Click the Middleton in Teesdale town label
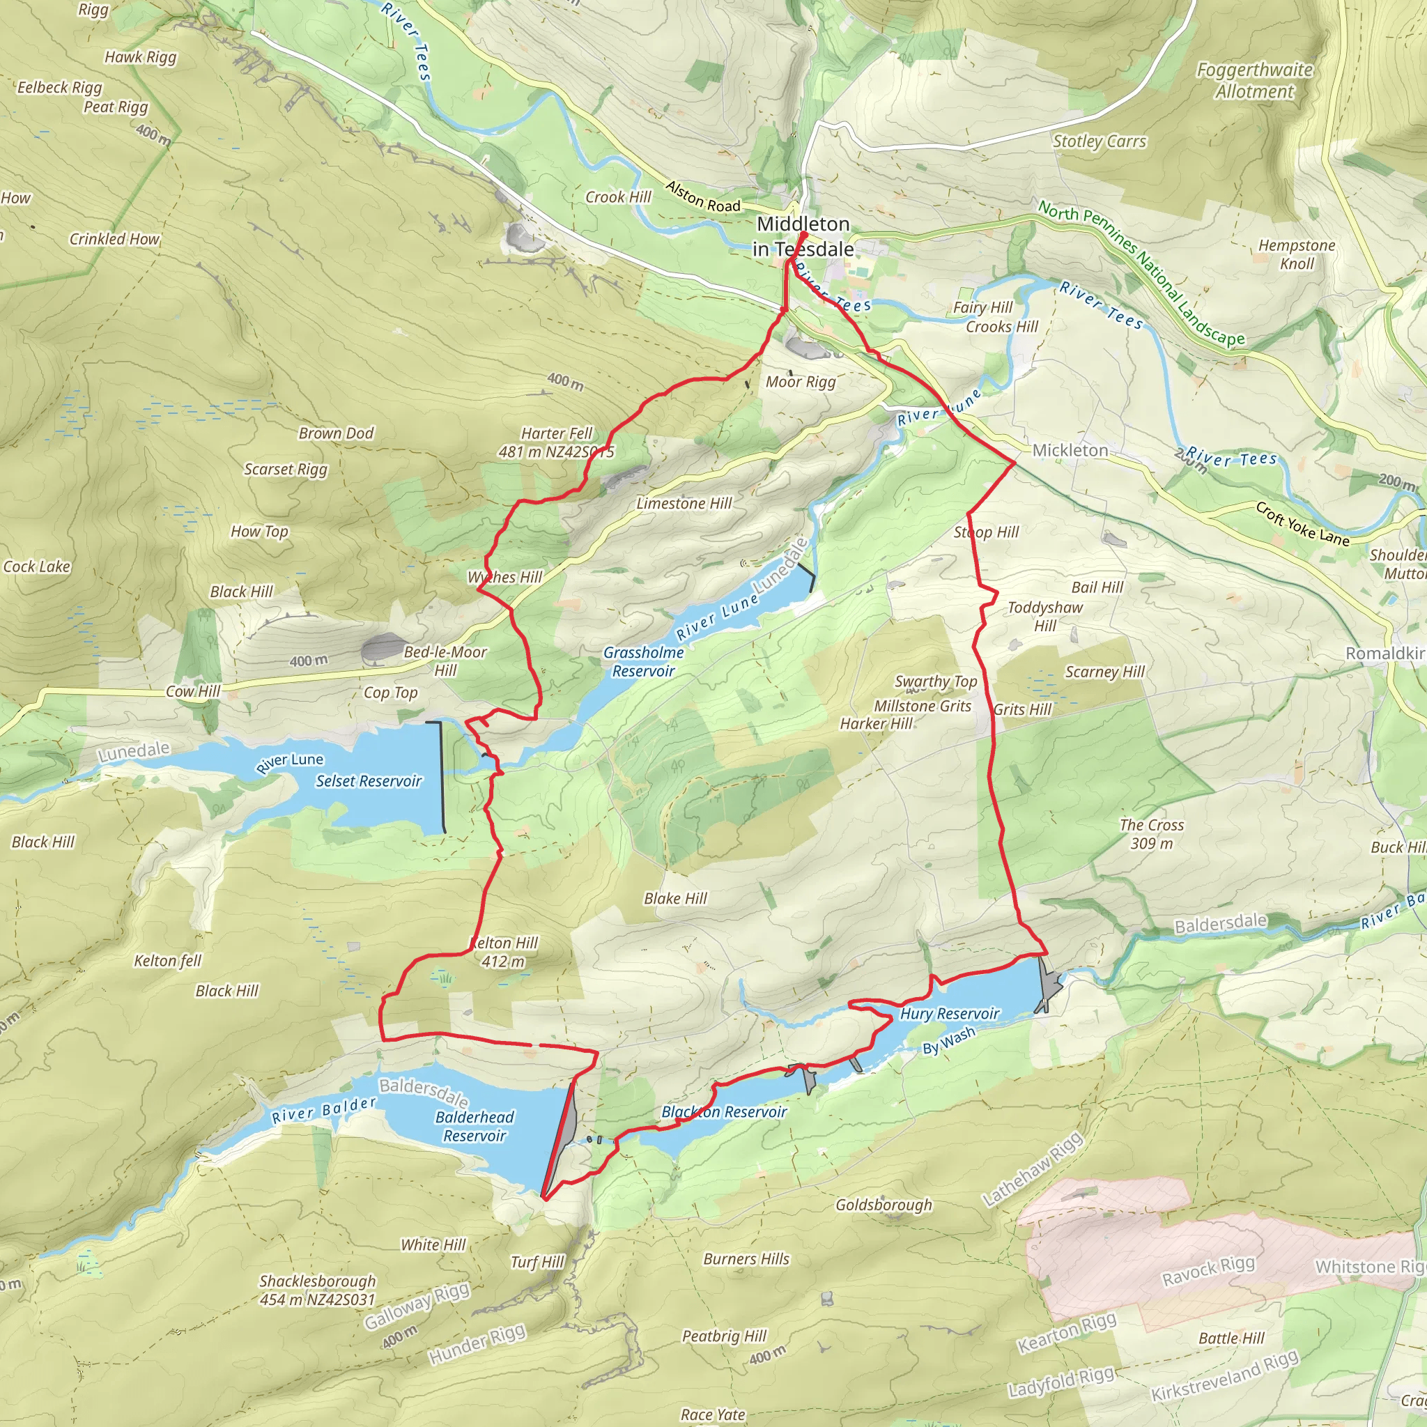[803, 236]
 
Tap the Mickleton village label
[1070, 450]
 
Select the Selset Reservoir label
[369, 780]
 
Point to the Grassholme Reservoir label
[642, 661]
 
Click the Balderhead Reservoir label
[475, 1127]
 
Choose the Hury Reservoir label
[949, 1013]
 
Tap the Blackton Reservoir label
[724, 1111]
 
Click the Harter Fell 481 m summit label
[557, 442]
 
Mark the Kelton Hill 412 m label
[505, 951]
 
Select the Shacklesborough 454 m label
[318, 1290]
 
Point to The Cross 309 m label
[1151, 834]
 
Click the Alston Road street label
[702, 196]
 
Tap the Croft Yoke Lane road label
[1302, 524]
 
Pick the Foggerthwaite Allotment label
[1254, 81]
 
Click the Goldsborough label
[884, 1205]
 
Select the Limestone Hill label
[684, 503]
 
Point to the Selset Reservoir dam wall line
[442, 776]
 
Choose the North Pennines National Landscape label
[1141, 273]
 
